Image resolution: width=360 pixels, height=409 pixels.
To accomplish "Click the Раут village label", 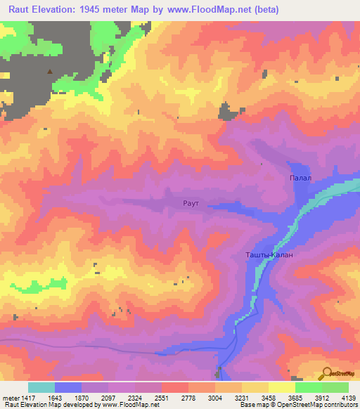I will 192,203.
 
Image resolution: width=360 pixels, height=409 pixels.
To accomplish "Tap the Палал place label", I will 300,178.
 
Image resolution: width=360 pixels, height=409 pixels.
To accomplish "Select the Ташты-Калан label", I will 269,255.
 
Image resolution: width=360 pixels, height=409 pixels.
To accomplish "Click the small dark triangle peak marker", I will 49,71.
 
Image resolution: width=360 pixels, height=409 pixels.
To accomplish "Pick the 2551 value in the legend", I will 161,398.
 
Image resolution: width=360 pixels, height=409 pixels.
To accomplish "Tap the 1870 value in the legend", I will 81,398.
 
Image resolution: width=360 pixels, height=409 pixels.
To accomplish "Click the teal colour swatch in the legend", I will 41,387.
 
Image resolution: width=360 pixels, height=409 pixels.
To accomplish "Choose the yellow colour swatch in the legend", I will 282,387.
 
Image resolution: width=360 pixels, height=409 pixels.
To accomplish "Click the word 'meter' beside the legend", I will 7,398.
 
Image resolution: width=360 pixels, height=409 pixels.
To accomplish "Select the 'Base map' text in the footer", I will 252,405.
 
